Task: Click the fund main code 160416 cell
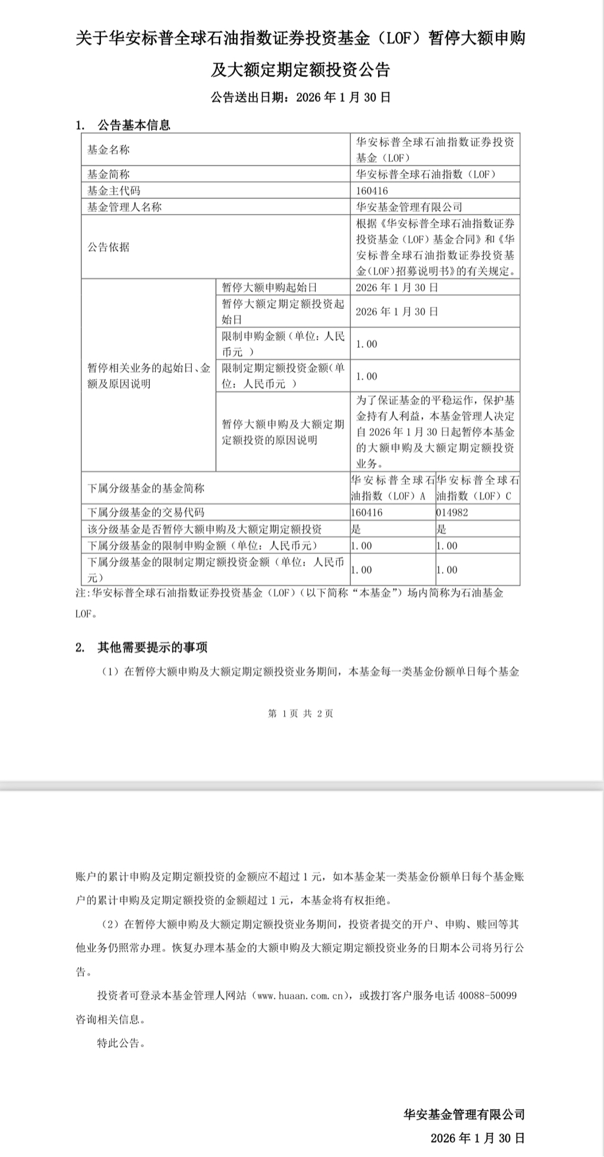tap(372, 190)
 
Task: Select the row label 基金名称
tap(109, 150)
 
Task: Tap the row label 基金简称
tap(109, 174)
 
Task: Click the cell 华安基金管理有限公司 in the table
tap(409, 207)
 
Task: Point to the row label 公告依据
tap(109, 247)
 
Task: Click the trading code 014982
tap(452, 512)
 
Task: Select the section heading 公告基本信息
tap(134, 125)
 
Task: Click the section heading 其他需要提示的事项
tap(152, 647)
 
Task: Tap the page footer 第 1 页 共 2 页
tap(301, 714)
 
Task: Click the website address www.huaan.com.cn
tap(301, 995)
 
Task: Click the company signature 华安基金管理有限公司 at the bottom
tap(464, 1115)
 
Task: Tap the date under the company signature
tap(478, 1138)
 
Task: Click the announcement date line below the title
tap(301, 97)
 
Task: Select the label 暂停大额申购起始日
tap(270, 287)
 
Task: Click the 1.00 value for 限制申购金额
tap(366, 344)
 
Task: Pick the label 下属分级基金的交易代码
tap(146, 512)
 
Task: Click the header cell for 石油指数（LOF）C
tap(478, 488)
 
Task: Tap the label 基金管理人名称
tap(124, 207)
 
